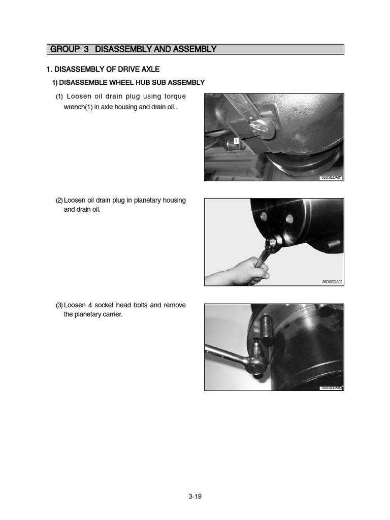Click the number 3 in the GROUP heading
tap(86, 49)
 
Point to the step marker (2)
tap(59, 201)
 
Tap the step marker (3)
tap(59, 305)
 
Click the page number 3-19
tap(195, 497)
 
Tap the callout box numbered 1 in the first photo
tap(236, 140)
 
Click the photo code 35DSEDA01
tap(332, 178)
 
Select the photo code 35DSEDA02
tap(332, 282)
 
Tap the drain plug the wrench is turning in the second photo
tap(273, 243)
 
